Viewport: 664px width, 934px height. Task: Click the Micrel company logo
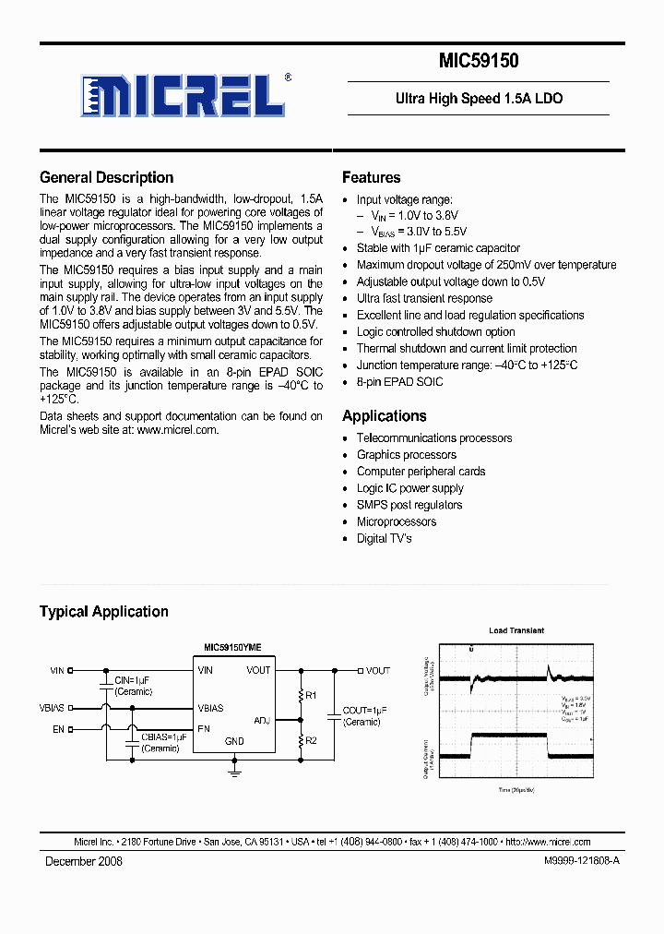(184, 94)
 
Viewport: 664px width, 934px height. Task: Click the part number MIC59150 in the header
(478, 62)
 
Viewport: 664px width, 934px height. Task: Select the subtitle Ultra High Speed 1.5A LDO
(479, 99)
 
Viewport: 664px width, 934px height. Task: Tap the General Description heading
(106, 177)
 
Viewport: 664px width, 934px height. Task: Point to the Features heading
(371, 177)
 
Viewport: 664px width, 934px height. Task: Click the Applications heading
(384, 415)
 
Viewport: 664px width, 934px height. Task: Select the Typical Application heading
(103, 611)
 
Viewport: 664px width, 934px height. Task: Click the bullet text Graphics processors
(406, 455)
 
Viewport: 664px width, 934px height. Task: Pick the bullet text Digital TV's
(384, 538)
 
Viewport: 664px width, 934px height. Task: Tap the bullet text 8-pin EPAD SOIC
(399, 382)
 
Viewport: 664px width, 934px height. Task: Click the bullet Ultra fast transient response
(424, 298)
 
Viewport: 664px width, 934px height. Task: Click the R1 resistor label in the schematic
(310, 694)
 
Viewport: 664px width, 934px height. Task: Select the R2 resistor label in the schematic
(310, 740)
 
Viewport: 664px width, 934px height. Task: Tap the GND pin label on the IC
(234, 741)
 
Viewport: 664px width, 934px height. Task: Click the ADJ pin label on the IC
(262, 720)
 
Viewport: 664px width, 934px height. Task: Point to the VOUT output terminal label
(378, 671)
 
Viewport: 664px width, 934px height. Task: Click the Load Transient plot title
(516, 630)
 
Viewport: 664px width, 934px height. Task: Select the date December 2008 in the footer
(84, 861)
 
